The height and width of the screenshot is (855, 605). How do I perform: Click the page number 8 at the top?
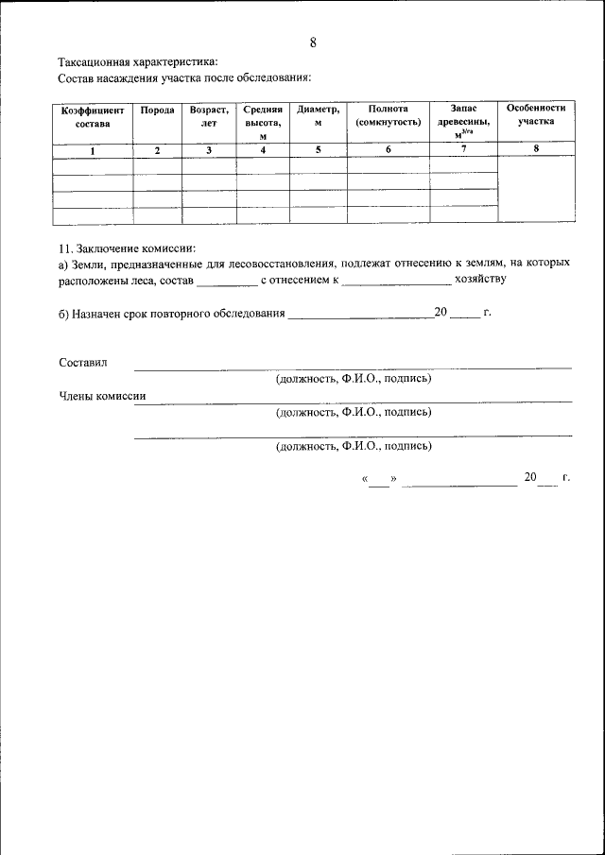pyautogui.click(x=313, y=43)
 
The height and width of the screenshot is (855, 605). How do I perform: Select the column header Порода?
pyautogui.click(x=157, y=111)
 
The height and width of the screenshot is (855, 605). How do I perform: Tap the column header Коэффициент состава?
pyautogui.click(x=93, y=117)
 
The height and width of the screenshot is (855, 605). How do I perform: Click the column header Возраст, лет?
pyautogui.click(x=209, y=116)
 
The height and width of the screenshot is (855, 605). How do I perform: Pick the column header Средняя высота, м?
pyautogui.click(x=263, y=123)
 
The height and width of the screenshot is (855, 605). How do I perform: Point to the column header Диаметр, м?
pyautogui.click(x=318, y=116)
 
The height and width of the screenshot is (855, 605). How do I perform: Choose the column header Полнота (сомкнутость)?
pyautogui.click(x=389, y=116)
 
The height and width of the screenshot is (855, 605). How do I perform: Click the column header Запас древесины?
pyautogui.click(x=463, y=122)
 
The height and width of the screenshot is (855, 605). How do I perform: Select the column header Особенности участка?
pyautogui.click(x=536, y=115)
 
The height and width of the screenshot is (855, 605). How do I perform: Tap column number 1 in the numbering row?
pyautogui.click(x=93, y=151)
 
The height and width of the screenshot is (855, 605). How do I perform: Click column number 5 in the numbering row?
pyautogui.click(x=318, y=151)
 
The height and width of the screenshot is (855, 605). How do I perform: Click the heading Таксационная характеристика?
pyautogui.click(x=138, y=61)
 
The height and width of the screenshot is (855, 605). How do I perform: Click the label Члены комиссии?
pyautogui.click(x=102, y=396)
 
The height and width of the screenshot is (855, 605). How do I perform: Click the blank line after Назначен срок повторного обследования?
pyautogui.click(x=359, y=316)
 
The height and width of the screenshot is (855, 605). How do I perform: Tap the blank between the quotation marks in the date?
pyautogui.click(x=378, y=483)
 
